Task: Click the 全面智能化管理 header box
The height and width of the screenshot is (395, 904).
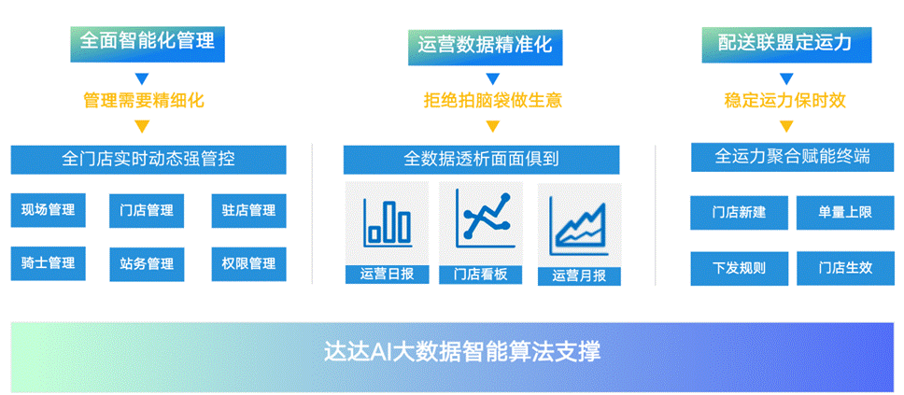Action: pos(148,44)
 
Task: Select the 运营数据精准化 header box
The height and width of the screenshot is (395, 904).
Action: pos(485,46)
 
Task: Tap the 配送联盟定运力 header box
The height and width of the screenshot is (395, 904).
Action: pos(786,45)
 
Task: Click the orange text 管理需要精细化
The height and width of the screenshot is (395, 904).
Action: pos(144,101)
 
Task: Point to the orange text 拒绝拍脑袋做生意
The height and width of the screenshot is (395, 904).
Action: pos(492,101)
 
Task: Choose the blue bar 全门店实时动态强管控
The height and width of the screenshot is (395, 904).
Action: pos(148,159)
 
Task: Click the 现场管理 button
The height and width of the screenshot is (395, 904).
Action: pos(48,210)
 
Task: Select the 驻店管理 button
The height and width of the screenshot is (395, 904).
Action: pos(249,210)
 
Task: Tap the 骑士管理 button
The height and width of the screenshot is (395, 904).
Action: pos(48,263)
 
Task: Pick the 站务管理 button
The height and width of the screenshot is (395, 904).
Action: pos(147,264)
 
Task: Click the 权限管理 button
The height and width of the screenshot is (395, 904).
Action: pos(249,264)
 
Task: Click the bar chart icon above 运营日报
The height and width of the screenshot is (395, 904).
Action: pos(388,222)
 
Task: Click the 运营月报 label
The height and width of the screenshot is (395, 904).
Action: pos(579,276)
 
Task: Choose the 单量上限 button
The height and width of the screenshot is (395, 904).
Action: pos(846,213)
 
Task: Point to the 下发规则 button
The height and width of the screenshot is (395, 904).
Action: pos(740,268)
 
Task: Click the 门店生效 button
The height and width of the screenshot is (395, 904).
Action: pos(846,268)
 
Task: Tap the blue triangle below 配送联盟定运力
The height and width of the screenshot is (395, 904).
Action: pos(787,79)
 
